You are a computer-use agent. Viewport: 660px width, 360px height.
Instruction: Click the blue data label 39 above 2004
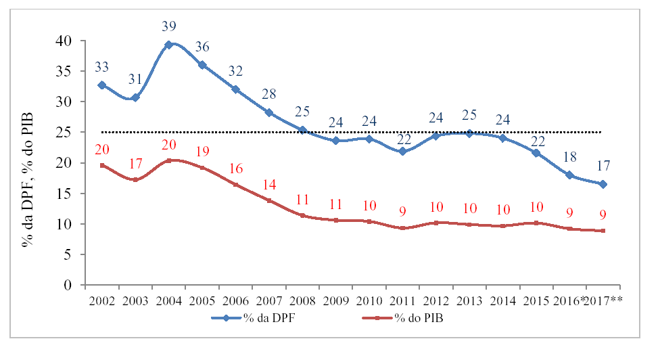click(169, 26)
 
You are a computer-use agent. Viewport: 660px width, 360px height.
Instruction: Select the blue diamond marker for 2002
click(102, 85)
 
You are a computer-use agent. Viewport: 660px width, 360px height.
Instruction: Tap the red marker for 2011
click(402, 228)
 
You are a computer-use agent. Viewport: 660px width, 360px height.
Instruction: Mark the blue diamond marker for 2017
click(603, 184)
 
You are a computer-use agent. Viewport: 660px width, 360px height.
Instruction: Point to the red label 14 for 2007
click(269, 184)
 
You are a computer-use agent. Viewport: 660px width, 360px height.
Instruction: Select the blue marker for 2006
click(235, 89)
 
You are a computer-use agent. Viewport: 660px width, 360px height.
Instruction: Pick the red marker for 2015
click(536, 223)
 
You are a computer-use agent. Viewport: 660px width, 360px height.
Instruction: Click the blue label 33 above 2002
click(102, 67)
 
